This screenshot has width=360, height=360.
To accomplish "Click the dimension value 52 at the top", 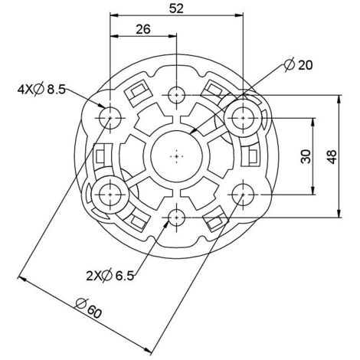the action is (176, 8).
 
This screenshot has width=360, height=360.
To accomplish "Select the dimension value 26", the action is (143, 29).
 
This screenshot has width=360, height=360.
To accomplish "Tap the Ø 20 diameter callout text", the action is (298, 65).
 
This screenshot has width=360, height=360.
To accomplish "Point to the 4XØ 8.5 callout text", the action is (41, 90).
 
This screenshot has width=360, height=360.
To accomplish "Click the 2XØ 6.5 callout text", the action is (110, 276).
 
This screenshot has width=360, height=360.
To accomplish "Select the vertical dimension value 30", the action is (306, 156).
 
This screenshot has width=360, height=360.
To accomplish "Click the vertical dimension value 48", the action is (332, 156).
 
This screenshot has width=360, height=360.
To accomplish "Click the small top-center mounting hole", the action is (176, 95).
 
